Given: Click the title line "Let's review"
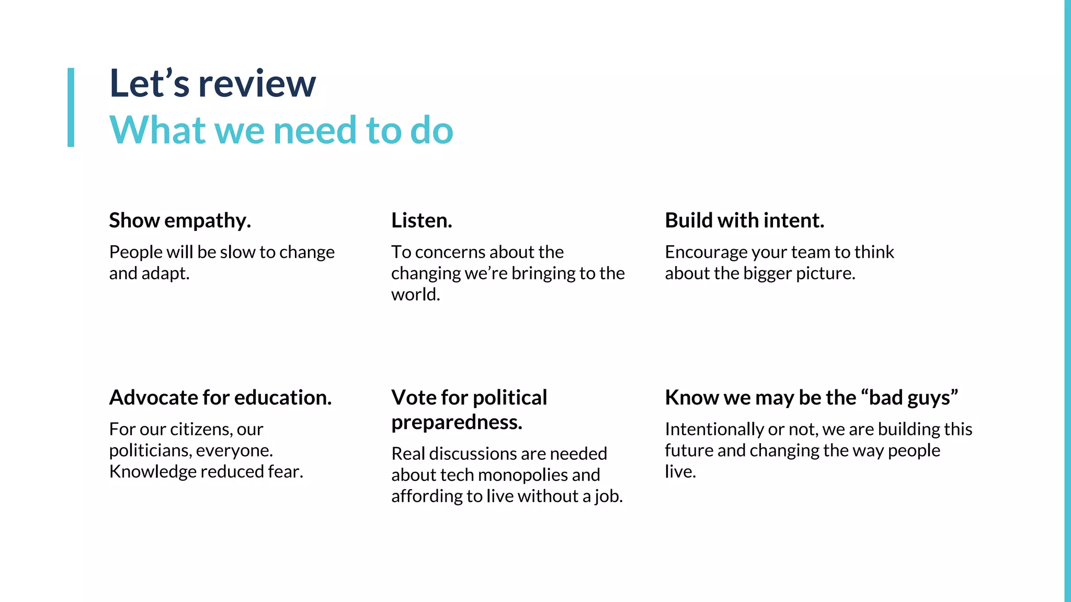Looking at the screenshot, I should point(212,84).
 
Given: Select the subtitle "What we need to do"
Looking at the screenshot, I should point(281,130).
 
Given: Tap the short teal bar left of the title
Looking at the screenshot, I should point(71,107).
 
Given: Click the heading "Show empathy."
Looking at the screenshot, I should point(180,221).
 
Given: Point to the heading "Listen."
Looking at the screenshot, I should point(421,221).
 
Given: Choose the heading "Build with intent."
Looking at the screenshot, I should point(744,221).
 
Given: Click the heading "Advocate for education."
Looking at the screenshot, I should point(220,398).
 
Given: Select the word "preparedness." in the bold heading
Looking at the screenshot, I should point(457,422).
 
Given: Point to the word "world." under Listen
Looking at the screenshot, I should point(415,295).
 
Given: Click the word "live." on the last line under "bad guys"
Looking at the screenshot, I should point(680,472).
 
